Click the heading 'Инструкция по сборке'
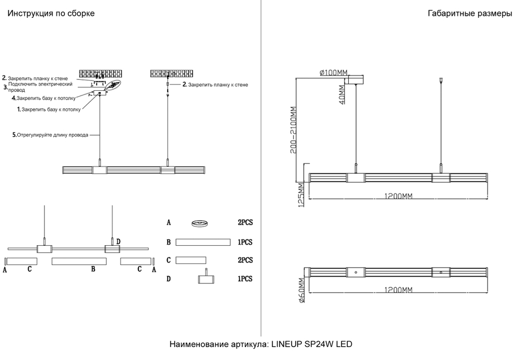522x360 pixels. point(51,14)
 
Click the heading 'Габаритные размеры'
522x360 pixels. point(469,14)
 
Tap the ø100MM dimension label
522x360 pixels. point(333,73)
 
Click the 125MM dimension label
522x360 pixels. point(300,194)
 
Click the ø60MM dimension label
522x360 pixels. point(301,292)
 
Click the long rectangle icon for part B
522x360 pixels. point(203,242)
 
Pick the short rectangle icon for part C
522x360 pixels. point(191,260)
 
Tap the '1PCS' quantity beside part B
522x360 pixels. point(245,242)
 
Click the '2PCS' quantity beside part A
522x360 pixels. point(245,223)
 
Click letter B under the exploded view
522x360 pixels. point(93,270)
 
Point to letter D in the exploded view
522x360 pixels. point(118,241)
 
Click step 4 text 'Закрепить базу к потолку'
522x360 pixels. point(45,98)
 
